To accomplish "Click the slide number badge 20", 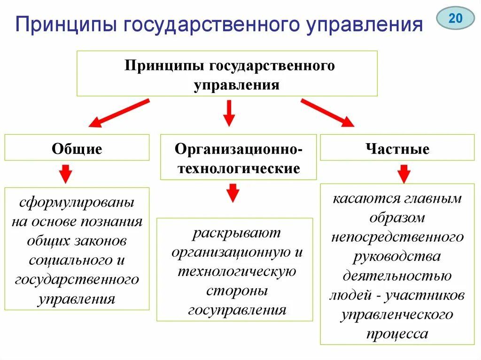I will click(x=455, y=19).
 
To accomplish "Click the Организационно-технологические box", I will click(x=238, y=157).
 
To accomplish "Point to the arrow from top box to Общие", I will click(x=119, y=113).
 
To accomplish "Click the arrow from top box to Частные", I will click(x=327, y=113).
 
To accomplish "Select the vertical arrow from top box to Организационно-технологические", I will click(x=229, y=113).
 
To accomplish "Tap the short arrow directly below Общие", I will click(x=66, y=174).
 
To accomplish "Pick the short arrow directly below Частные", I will click(x=403, y=174).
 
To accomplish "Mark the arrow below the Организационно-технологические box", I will click(x=233, y=192).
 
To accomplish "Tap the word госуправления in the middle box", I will click(x=237, y=310).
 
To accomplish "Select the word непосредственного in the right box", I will click(x=397, y=237).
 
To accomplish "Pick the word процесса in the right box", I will click(x=397, y=334).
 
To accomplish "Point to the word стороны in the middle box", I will click(x=237, y=291).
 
